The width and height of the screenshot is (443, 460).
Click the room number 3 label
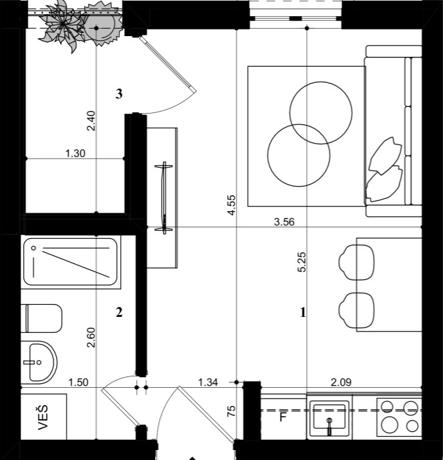(x=119, y=94)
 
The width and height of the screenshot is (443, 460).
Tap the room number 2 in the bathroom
(x=119, y=312)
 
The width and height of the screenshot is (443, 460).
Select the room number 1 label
(x=303, y=312)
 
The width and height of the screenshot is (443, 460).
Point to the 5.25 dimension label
(x=302, y=261)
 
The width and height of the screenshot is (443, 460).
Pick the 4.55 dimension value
(x=231, y=205)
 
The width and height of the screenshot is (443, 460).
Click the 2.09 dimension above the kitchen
(x=341, y=382)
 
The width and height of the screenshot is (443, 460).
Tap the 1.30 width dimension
(x=75, y=153)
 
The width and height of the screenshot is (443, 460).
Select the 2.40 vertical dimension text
(x=92, y=120)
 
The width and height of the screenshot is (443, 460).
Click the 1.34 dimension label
(x=209, y=382)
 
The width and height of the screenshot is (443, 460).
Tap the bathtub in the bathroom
(x=70, y=261)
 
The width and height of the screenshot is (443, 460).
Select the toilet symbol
(x=41, y=318)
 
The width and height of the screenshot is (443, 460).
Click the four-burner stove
(x=399, y=416)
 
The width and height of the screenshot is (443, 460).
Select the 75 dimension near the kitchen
(x=231, y=411)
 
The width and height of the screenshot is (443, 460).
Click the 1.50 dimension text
(x=80, y=382)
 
